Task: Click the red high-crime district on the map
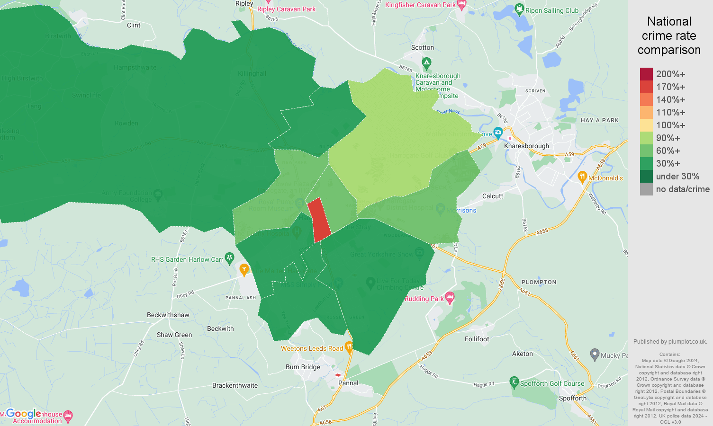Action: click(x=319, y=220)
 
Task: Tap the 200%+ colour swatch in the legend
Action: click(x=646, y=74)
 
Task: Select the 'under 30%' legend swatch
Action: click(x=646, y=177)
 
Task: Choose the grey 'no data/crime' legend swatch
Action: click(x=646, y=189)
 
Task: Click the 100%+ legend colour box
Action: click(x=646, y=125)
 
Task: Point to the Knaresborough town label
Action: click(x=526, y=146)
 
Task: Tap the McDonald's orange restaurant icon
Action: click(x=582, y=177)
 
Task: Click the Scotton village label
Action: click(x=422, y=47)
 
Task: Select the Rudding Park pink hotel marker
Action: click(x=450, y=298)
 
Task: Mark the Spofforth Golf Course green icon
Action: click(x=514, y=382)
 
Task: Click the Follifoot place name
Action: click(x=477, y=339)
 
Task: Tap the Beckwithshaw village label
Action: click(x=168, y=315)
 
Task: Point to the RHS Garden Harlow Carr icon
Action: click(x=230, y=258)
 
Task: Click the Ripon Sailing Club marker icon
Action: click(x=519, y=9)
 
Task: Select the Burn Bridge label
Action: click(x=303, y=367)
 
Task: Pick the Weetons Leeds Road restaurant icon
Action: click(x=349, y=348)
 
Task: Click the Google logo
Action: click(x=23, y=414)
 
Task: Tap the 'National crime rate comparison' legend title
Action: click(x=669, y=35)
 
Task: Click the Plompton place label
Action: click(x=539, y=282)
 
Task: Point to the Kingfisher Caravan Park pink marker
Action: click(x=462, y=5)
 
